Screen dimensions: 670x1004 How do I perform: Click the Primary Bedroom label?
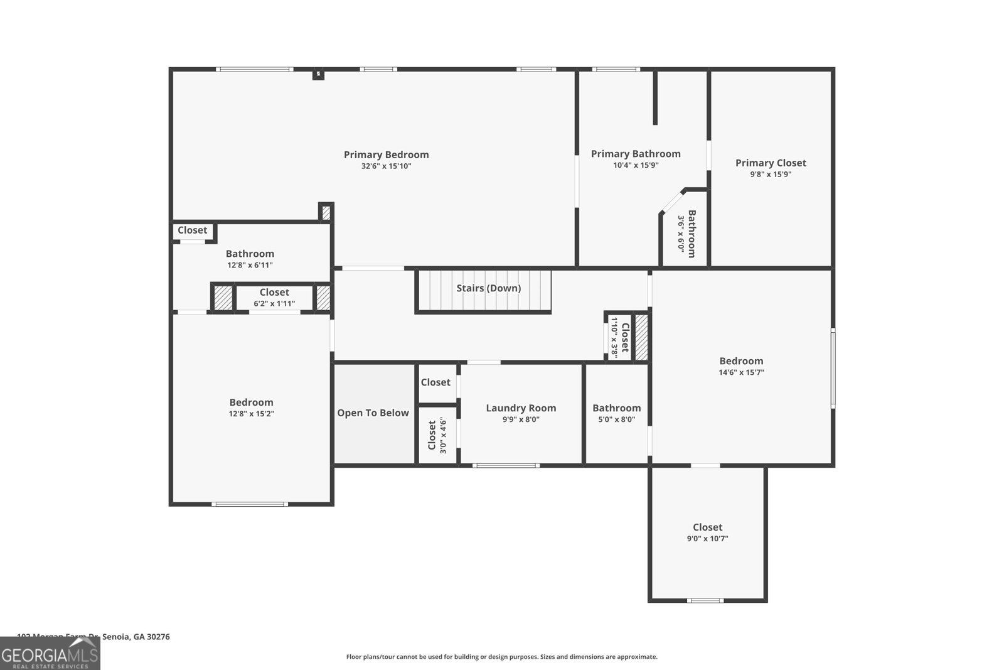pos(386,154)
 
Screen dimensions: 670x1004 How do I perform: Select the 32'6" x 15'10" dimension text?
pos(386,166)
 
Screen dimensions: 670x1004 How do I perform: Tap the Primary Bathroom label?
pos(636,154)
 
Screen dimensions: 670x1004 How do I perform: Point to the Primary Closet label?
pos(771,163)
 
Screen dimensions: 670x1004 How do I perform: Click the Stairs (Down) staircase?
pos(484,289)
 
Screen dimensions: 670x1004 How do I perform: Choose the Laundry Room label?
pos(521,408)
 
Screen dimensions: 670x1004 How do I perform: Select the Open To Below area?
pos(373,413)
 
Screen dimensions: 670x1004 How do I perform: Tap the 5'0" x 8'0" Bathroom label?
pos(616,408)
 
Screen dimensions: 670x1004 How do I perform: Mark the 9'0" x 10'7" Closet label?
pos(707,527)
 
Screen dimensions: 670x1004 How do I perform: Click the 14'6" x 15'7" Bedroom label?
pos(741,361)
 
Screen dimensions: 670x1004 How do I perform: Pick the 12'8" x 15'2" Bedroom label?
pos(251,403)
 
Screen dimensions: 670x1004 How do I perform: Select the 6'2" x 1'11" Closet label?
pos(274,293)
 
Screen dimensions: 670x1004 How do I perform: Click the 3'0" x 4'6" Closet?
pos(437,435)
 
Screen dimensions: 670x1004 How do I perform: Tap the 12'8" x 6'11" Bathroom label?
pos(250,254)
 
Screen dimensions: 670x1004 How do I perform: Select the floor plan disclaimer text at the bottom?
pos(501,657)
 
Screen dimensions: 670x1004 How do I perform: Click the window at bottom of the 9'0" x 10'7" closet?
pos(705,601)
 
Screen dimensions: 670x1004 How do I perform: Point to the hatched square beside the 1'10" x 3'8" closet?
pos(641,337)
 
